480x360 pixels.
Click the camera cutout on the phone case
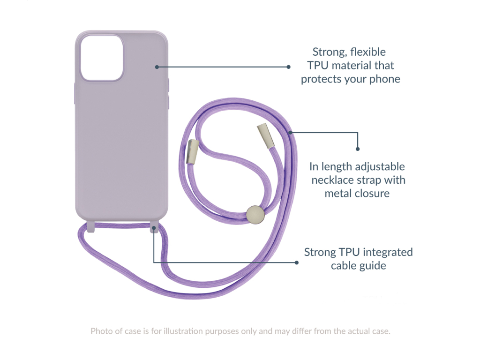click(102, 58)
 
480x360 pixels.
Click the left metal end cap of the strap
click(192, 151)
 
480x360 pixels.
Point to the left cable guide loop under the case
click(91, 227)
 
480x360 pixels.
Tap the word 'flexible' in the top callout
click(369, 52)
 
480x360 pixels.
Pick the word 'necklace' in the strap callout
click(332, 180)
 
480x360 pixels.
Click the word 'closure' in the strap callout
click(373, 193)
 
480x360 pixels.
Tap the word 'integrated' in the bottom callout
click(387, 252)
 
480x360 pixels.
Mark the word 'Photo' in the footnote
click(102, 331)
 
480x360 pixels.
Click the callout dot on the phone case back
click(157, 67)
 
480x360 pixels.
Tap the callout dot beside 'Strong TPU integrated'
click(297, 262)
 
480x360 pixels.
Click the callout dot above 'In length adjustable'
click(358, 149)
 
